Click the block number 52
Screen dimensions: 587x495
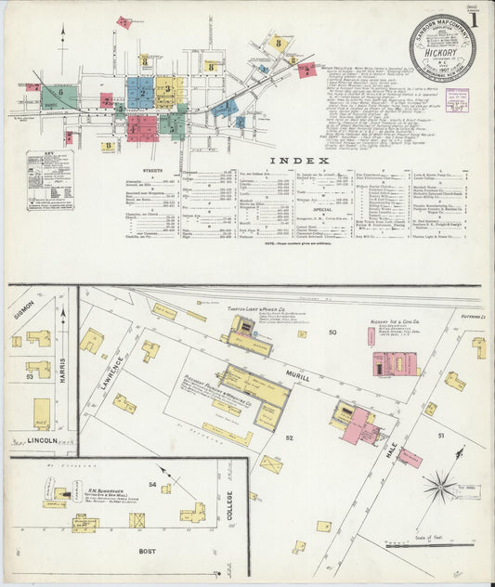(x=289, y=437)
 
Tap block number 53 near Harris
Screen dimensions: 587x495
(x=30, y=376)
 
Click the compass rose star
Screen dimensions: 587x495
(x=439, y=484)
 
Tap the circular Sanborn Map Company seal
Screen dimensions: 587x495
(x=442, y=46)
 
